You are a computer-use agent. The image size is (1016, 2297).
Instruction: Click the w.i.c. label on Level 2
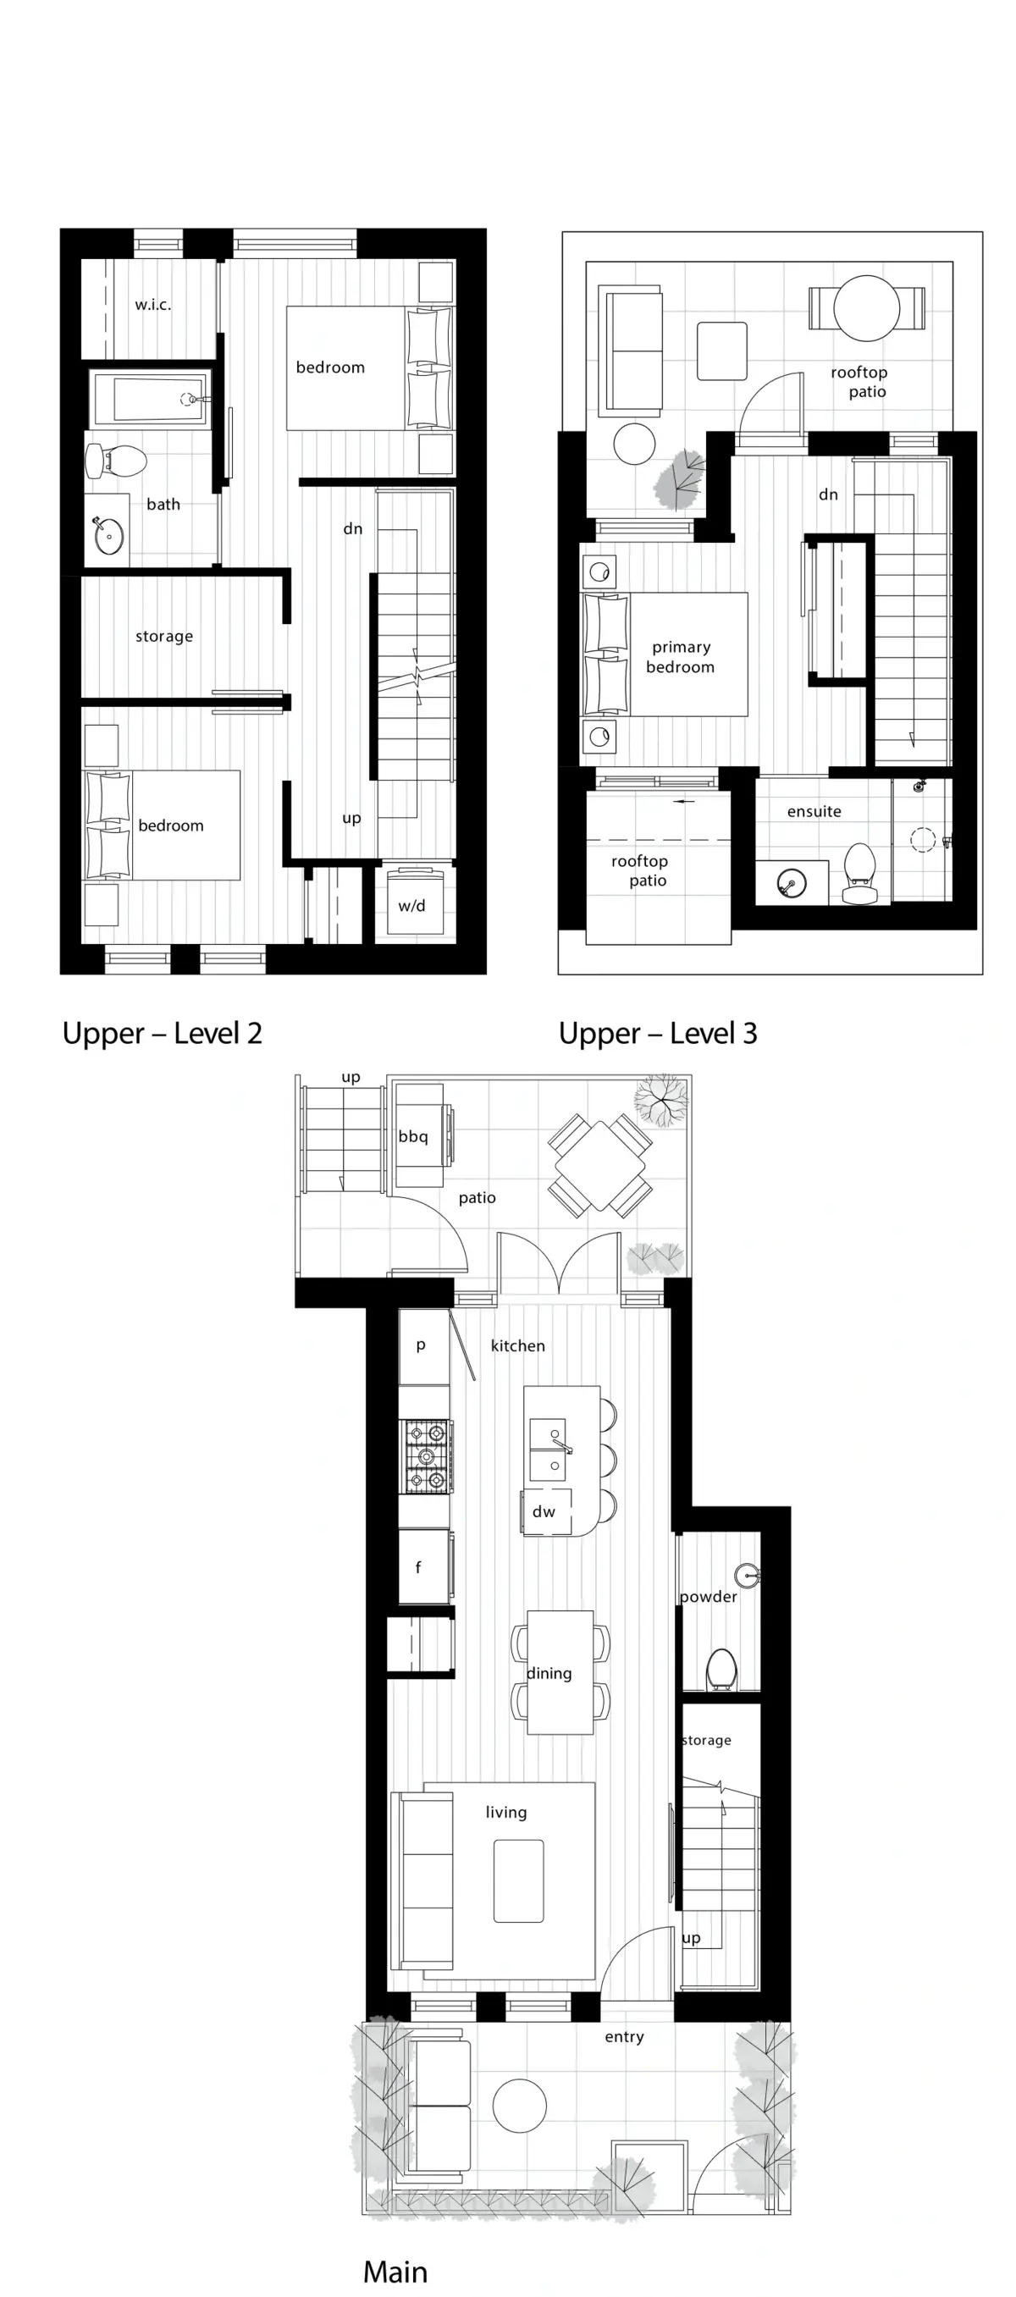152,304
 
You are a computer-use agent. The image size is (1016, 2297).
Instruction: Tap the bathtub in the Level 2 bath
151,399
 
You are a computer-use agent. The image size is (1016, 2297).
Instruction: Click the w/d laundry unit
415,902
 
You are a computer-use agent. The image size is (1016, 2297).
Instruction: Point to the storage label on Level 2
164,636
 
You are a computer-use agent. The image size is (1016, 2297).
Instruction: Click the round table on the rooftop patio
866,307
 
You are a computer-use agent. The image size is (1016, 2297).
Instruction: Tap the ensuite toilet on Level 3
859,874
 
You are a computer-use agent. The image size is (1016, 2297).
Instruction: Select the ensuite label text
814,811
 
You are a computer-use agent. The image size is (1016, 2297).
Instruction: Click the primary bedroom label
681,657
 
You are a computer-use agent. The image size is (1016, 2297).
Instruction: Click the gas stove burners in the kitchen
427,1456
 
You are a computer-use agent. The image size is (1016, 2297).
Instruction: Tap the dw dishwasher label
544,1511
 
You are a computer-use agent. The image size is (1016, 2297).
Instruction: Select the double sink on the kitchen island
547,1449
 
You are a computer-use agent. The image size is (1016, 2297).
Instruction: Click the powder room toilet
721,1669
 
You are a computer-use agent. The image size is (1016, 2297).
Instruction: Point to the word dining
549,1673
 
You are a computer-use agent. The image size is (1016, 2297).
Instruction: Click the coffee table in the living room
518,1880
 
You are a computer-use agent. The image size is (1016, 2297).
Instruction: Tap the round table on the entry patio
519,2106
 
